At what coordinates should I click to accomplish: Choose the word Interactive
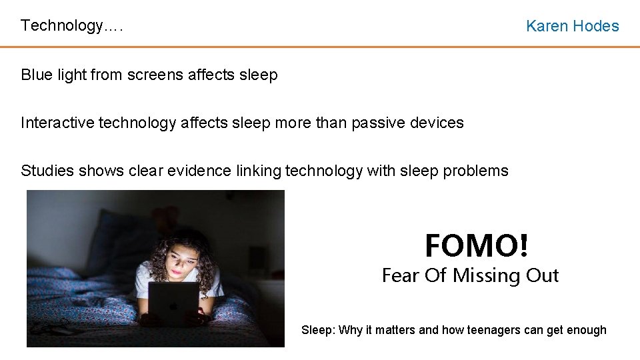click(x=57, y=123)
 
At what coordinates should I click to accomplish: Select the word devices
click(x=439, y=123)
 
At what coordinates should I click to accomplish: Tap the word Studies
click(x=48, y=171)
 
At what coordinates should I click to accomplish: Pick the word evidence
click(x=200, y=171)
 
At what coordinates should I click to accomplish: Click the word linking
click(x=259, y=171)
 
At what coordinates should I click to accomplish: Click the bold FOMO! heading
click(x=477, y=245)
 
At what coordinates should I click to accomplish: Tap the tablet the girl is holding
click(x=173, y=303)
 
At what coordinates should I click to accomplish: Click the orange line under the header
click(x=320, y=47)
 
